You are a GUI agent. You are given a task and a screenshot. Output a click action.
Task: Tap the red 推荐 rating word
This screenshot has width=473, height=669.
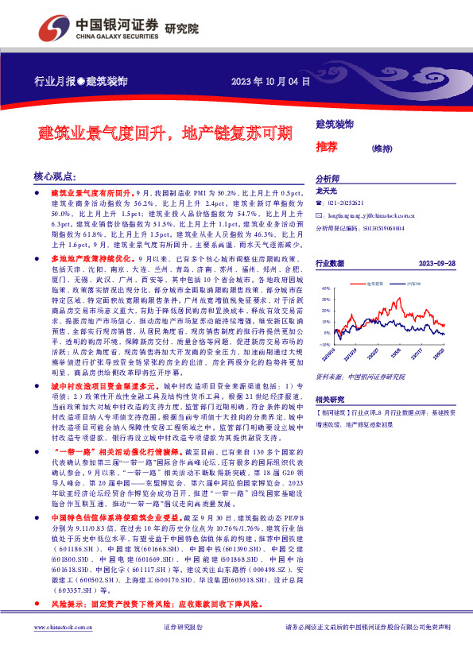pyautogui.click(x=326, y=148)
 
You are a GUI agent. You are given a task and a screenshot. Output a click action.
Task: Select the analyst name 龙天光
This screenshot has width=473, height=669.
pyautogui.click(x=328, y=191)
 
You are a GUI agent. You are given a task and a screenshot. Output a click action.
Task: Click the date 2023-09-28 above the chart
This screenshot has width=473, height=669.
pyautogui.click(x=436, y=262)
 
